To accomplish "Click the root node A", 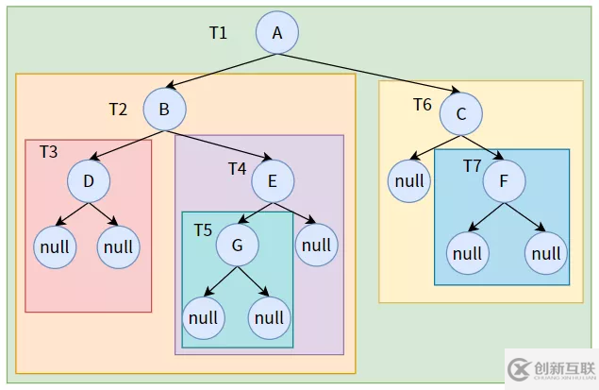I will pyautogui.click(x=277, y=33).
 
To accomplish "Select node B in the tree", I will pyautogui.click(x=164, y=109).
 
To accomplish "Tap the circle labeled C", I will pyautogui.click(x=460, y=113).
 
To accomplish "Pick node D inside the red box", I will pyautogui.click(x=89, y=180).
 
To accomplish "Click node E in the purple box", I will pyautogui.click(x=273, y=180).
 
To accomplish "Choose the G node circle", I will pyautogui.click(x=238, y=246).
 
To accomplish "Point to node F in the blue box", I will pyautogui.click(x=506, y=179).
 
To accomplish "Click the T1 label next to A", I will pyautogui.click(x=218, y=33).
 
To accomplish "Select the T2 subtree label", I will pyautogui.click(x=117, y=109).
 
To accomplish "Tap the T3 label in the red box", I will pyautogui.click(x=48, y=151).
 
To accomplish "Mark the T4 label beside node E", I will pyautogui.click(x=237, y=168).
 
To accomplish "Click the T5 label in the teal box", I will pyautogui.click(x=203, y=229).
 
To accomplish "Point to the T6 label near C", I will pyautogui.click(x=422, y=104).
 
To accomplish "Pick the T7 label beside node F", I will pyautogui.click(x=472, y=166).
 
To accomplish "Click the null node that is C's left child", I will pyautogui.click(x=408, y=181).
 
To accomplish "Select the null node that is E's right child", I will pyautogui.click(x=317, y=246).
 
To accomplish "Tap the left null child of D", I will pyautogui.click(x=55, y=247).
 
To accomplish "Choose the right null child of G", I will pyautogui.click(x=269, y=318).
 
